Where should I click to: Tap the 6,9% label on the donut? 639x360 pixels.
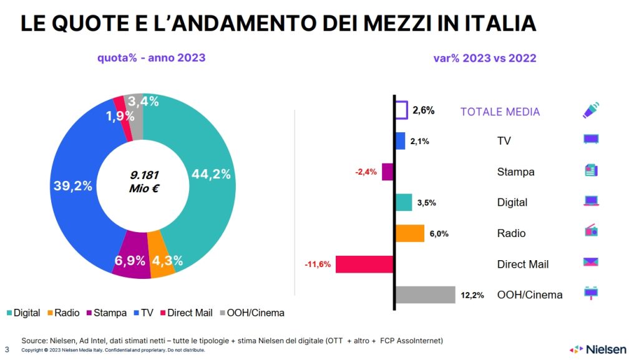click(x=130, y=261)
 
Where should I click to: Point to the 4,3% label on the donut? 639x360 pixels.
click(x=167, y=261)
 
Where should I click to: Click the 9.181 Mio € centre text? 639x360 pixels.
click(x=143, y=181)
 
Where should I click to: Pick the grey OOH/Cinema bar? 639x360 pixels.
click(x=425, y=294)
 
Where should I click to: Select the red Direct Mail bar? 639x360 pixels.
click(x=364, y=264)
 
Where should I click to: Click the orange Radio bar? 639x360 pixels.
click(x=410, y=233)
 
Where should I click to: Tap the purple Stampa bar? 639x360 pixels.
click(x=388, y=172)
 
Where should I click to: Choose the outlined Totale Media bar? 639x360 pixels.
click(x=401, y=110)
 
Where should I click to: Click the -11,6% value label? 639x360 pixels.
click(x=317, y=265)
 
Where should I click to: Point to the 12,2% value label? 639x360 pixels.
click(x=472, y=295)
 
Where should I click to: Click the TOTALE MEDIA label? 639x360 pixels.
click(x=500, y=112)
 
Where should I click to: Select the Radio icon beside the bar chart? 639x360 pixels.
click(x=591, y=231)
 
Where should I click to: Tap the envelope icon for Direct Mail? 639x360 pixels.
click(x=591, y=262)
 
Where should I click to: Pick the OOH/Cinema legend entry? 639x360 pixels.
click(x=253, y=313)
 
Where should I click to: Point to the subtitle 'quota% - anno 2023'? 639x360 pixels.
click(x=151, y=58)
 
